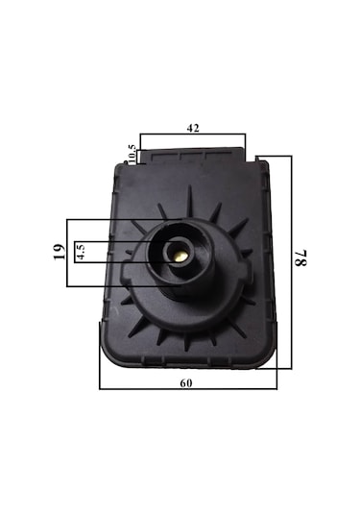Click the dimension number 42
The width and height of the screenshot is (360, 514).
(193, 128)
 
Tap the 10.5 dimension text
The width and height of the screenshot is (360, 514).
(132, 154)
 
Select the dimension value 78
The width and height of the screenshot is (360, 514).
(300, 257)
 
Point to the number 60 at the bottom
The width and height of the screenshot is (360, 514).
(186, 383)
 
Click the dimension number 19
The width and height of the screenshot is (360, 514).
(60, 252)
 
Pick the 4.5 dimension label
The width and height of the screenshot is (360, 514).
(81, 251)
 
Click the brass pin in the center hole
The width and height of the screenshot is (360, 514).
(180, 257)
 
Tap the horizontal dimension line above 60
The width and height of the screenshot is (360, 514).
(188, 389)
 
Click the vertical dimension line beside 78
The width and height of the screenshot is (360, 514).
(291, 262)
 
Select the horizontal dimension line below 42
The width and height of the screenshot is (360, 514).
(193, 134)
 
